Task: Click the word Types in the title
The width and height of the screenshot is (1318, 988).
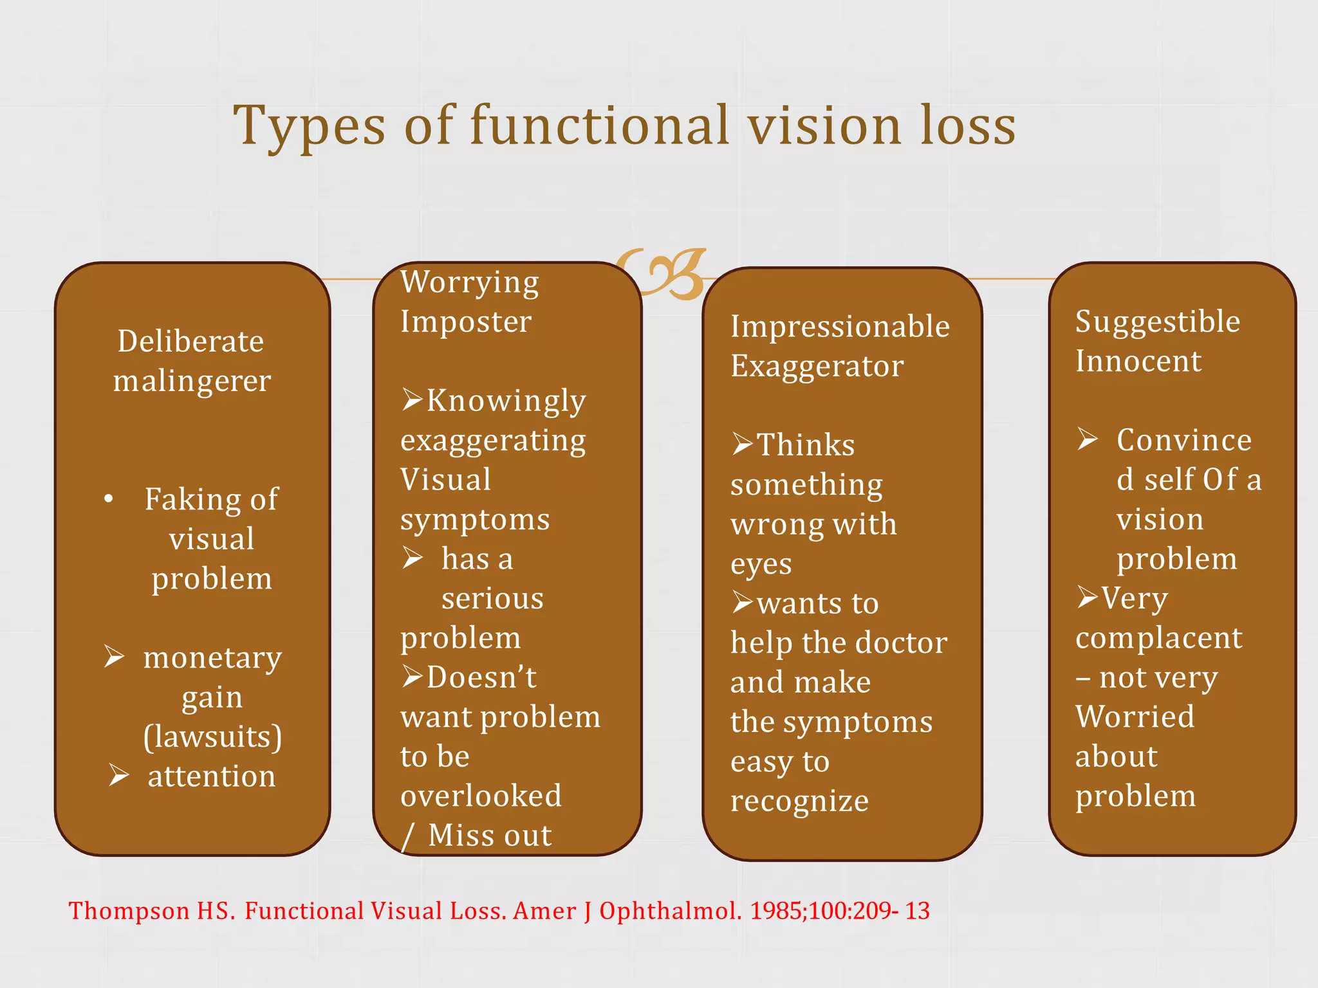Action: click(309, 126)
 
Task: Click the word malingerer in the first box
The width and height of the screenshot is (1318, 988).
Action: click(192, 381)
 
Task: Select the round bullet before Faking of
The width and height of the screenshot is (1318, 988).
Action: click(109, 499)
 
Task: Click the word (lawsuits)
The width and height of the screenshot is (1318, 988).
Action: click(212, 736)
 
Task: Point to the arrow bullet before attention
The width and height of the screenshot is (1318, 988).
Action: click(118, 775)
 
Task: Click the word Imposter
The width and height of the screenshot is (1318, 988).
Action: click(466, 321)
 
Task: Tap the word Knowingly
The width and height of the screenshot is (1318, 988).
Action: click(506, 401)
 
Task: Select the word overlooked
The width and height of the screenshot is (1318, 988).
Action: click(481, 796)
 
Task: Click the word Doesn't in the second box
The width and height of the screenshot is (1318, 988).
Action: click(481, 677)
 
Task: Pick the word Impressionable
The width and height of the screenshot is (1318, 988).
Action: click(840, 326)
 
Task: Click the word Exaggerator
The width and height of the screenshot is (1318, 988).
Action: click(817, 366)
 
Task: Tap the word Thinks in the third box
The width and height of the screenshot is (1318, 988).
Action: click(806, 445)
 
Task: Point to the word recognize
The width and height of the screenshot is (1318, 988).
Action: click(799, 801)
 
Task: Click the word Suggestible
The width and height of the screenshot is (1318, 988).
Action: click(1158, 322)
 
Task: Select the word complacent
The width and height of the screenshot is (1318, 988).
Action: click(1159, 638)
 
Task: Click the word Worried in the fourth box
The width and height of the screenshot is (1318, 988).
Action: click(1135, 717)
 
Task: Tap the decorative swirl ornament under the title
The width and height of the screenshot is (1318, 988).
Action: click(663, 274)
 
